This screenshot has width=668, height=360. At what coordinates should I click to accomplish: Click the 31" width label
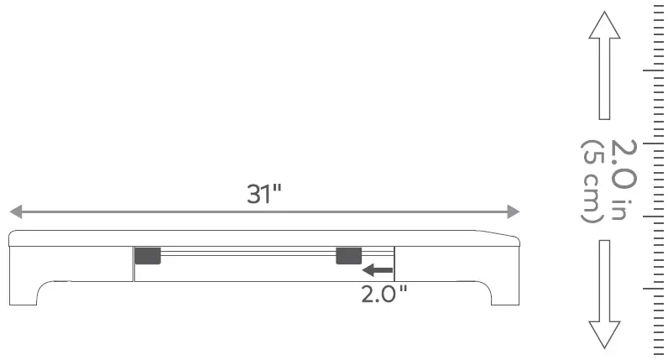(264, 194)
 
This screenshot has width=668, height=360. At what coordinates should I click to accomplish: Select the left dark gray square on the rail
(148, 255)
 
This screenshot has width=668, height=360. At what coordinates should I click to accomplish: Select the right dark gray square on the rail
(348, 255)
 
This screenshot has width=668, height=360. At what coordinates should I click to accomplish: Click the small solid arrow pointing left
(377, 269)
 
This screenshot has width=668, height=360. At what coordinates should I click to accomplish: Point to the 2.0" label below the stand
(384, 295)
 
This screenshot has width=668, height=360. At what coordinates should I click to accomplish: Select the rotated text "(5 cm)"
(591, 180)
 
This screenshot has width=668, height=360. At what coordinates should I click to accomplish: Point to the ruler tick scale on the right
(655, 180)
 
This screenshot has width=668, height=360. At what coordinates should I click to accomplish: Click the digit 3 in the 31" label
(254, 194)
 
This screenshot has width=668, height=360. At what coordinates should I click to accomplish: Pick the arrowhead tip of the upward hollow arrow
(604, 13)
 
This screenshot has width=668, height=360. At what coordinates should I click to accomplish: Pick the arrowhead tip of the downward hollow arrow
(604, 346)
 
